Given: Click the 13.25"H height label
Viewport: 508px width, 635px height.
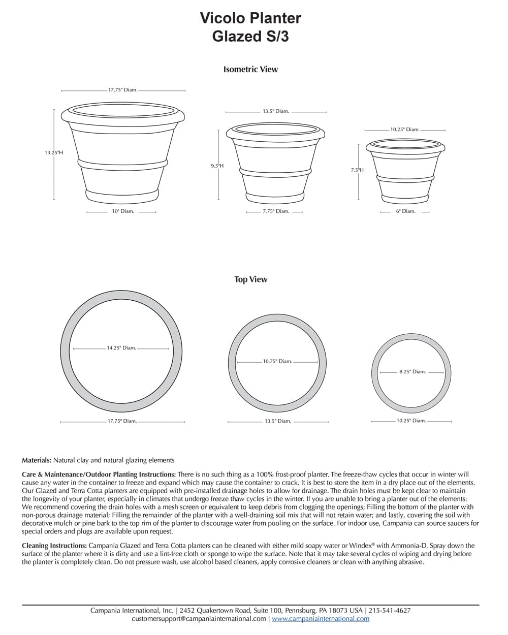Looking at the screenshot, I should point(53,152).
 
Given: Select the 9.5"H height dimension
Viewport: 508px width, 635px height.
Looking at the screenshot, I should point(217,166).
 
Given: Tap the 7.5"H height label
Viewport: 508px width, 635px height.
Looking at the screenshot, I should point(357,170).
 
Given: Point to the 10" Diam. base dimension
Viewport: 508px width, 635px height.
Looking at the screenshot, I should point(122,211).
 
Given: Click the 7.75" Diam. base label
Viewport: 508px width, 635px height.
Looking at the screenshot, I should point(275,211).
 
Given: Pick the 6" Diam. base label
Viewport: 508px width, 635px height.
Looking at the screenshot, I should point(405,211).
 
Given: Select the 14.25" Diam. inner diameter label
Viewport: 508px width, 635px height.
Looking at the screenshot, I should point(121,348).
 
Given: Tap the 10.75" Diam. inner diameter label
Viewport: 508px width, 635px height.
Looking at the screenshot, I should point(277,361).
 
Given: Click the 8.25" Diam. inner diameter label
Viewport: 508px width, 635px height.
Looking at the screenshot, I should point(412,372).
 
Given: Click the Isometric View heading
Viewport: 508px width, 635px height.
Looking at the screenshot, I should point(250,69).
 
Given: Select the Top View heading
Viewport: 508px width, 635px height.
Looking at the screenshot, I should point(250,279).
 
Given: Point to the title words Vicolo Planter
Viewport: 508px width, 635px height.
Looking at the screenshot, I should point(250,18).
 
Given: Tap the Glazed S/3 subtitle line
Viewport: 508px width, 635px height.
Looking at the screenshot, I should point(250,37).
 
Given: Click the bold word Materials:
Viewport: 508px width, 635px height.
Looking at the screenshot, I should point(37,460).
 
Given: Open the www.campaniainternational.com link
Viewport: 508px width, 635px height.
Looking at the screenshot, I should point(321,619).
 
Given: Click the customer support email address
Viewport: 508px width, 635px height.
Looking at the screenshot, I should point(199,619).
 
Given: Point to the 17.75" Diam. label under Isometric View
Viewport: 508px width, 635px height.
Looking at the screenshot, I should point(122,90).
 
